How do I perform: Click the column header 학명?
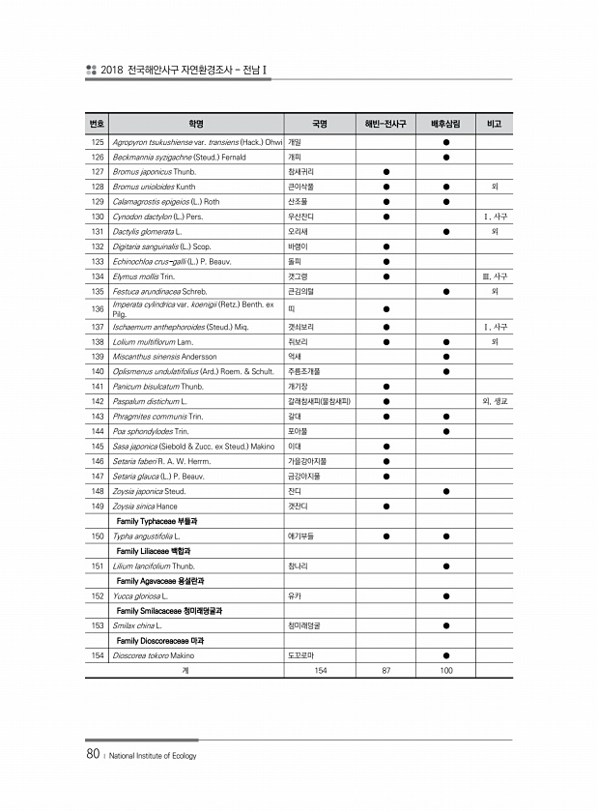(196, 125)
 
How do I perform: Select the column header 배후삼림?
(445, 125)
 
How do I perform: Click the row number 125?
(97, 142)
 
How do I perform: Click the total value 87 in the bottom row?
(385, 670)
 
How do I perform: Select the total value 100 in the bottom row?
(445, 670)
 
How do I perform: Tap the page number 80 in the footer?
(93, 754)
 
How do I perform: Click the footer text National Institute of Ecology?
(153, 756)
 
